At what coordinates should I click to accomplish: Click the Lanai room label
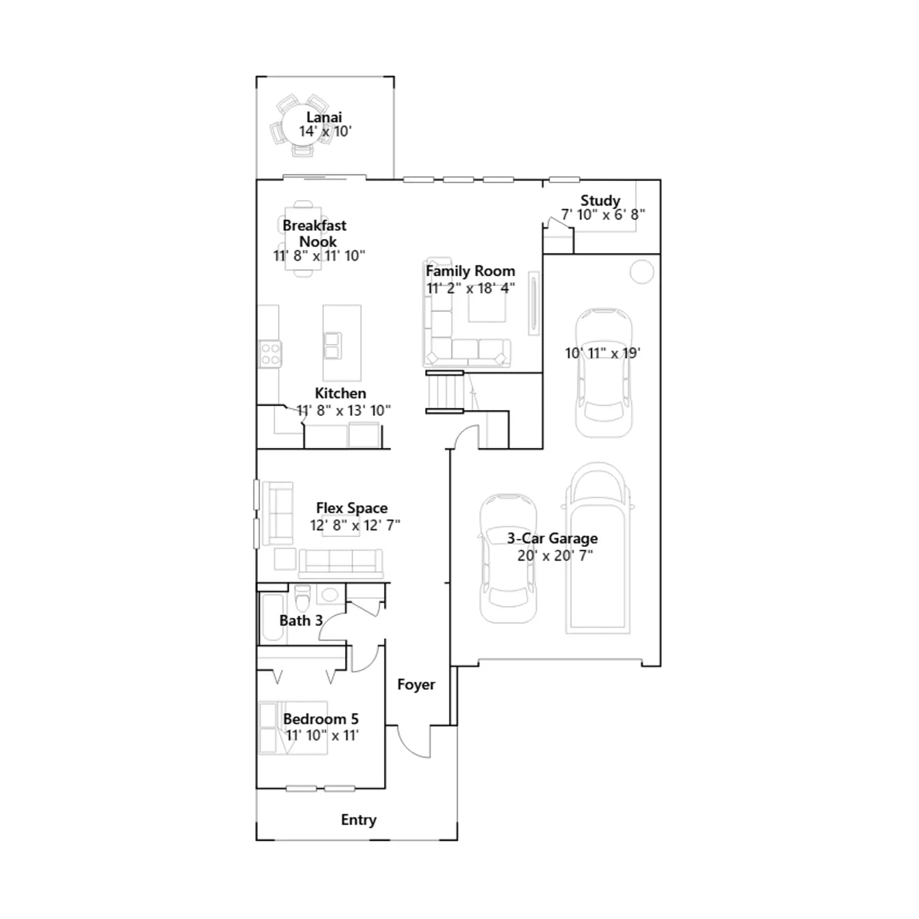[324, 117]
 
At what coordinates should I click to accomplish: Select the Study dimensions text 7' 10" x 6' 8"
[603, 215]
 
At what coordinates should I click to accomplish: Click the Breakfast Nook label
[315, 233]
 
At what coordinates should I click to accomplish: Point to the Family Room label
[470, 271]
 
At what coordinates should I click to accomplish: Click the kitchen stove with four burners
[270, 354]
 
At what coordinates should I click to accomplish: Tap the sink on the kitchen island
[333, 346]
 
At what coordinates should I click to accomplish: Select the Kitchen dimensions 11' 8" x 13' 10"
[343, 411]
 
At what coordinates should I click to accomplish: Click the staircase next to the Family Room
[445, 392]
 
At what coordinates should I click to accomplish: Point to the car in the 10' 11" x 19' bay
[604, 372]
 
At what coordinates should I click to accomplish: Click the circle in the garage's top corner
[642, 272]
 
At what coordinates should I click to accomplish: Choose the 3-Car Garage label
[553, 539]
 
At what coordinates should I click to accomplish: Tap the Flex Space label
[352, 508]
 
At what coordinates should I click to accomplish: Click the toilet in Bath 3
[302, 598]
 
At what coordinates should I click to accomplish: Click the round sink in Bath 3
[330, 594]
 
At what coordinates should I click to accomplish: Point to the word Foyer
[416, 685]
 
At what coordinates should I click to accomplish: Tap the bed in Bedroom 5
[293, 728]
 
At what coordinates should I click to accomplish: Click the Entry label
[359, 820]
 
